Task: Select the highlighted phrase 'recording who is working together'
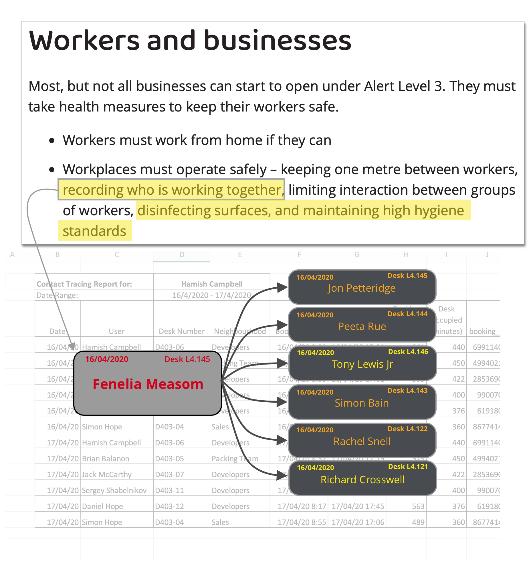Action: pyautogui.click(x=172, y=190)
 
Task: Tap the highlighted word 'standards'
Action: pyautogui.click(x=94, y=231)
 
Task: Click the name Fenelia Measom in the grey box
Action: pyautogui.click(x=148, y=384)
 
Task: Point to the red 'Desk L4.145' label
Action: pyautogui.click(x=187, y=359)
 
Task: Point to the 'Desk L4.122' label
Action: pyautogui.click(x=407, y=429)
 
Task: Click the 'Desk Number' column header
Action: pyautogui.click(x=182, y=331)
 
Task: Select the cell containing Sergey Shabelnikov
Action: pyautogui.click(x=114, y=490)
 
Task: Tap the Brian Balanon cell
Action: pyautogui.click(x=106, y=459)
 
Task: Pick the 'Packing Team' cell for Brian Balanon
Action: pyautogui.click(x=235, y=459)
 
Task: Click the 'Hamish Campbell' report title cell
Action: pyautogui.click(x=212, y=284)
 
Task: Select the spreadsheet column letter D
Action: pyautogui.click(x=182, y=254)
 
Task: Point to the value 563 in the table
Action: pyautogui.click(x=418, y=506)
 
